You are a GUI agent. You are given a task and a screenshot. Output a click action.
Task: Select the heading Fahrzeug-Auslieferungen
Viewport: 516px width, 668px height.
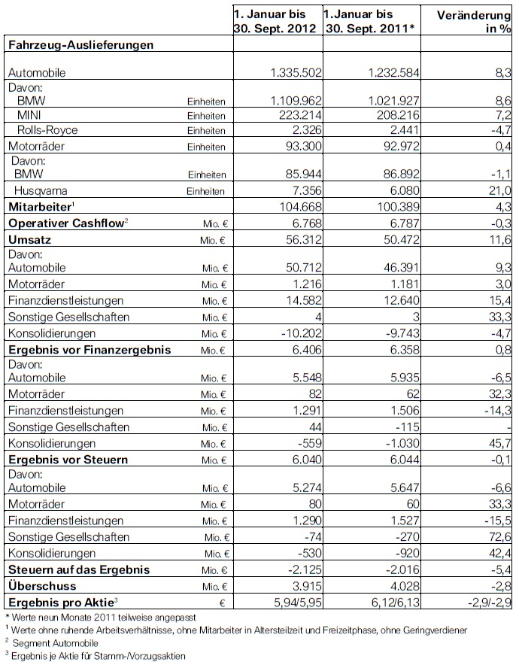[81, 44]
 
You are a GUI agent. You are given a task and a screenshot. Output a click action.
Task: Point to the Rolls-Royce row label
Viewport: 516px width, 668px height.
[47, 130]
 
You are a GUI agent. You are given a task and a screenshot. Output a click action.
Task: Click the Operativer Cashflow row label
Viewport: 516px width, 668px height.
[65, 223]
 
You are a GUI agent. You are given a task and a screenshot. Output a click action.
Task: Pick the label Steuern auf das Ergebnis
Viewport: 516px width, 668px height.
[79, 569]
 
